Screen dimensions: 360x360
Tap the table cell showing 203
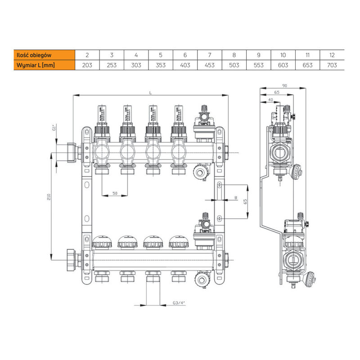[x=87, y=65]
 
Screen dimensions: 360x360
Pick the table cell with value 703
[x=332, y=65]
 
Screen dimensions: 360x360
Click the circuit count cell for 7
[x=210, y=55]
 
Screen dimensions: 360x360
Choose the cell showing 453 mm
[x=210, y=65]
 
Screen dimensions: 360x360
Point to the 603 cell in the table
[x=283, y=65]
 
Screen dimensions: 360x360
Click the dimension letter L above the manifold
[x=151, y=92]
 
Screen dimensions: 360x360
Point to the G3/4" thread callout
[x=179, y=303]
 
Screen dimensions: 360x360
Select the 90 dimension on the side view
[x=284, y=85]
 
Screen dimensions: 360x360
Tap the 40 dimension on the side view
[x=270, y=99]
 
